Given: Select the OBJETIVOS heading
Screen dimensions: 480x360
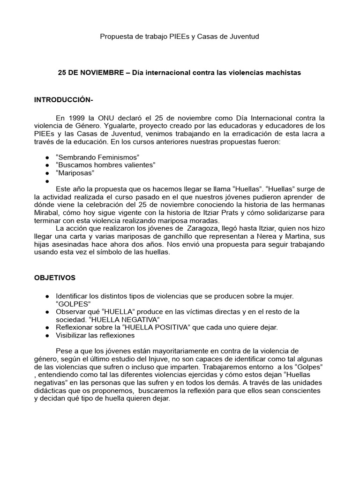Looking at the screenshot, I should coord(55,277).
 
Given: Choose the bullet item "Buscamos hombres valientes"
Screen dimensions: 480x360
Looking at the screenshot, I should coord(105,165).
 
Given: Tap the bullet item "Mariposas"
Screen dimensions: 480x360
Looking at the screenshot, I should coord(75,172).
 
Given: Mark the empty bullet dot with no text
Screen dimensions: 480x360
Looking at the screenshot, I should coord(48,181).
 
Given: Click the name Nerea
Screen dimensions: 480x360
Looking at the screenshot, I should coord(263,237).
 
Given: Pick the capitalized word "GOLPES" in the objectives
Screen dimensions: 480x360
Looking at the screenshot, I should coord(73,304).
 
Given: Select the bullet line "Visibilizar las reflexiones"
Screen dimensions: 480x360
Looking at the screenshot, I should coord(95,335).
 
